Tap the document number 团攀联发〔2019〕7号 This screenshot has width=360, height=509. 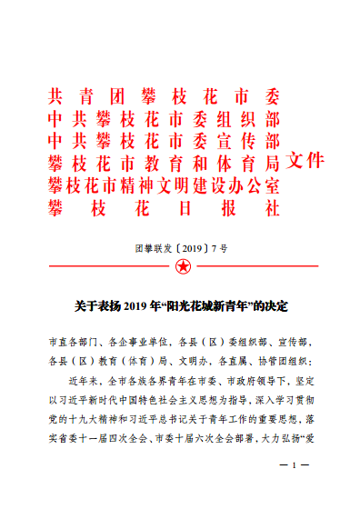click(x=181, y=245)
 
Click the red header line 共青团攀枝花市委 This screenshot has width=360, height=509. click(x=164, y=97)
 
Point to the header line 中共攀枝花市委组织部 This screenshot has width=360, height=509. click(x=164, y=119)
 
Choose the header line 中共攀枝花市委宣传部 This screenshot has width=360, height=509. click(x=164, y=141)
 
